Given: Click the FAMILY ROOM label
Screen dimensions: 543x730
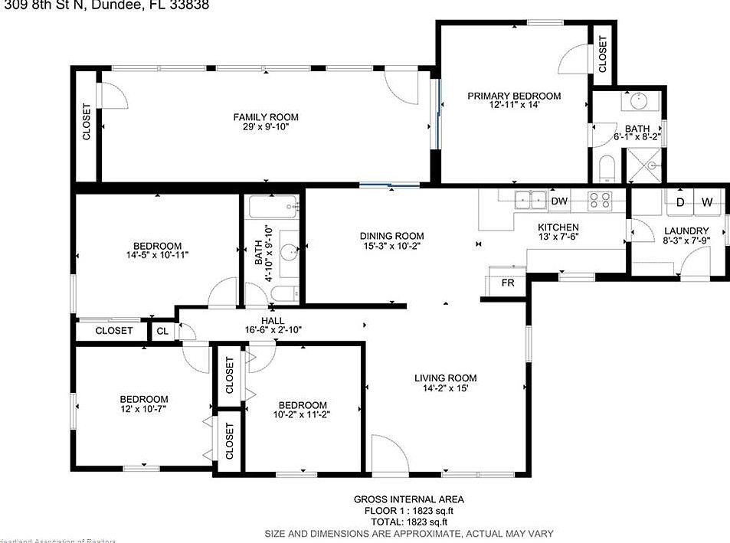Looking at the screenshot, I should point(266,117).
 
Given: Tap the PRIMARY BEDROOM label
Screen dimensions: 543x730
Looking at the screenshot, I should point(514,96).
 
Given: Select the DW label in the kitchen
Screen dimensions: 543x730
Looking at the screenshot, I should point(559,201).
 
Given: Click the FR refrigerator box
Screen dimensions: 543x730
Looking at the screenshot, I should point(507,283).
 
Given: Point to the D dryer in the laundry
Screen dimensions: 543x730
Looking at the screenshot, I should point(679,202).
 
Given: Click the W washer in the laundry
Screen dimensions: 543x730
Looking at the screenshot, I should point(707,202).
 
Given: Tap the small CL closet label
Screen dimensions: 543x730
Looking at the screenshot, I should point(162,332).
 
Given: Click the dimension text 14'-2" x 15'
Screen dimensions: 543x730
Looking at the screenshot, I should point(445,388).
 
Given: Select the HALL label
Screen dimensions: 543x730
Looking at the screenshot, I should point(273,320).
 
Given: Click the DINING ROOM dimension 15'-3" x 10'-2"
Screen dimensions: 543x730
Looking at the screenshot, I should point(392,246).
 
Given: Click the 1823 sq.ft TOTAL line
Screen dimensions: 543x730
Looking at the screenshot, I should point(408,520).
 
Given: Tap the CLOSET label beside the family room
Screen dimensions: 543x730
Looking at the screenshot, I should point(86,122).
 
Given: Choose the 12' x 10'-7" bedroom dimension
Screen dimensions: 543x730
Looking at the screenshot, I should point(143,410).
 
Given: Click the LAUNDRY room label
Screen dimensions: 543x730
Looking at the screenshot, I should point(686,231).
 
